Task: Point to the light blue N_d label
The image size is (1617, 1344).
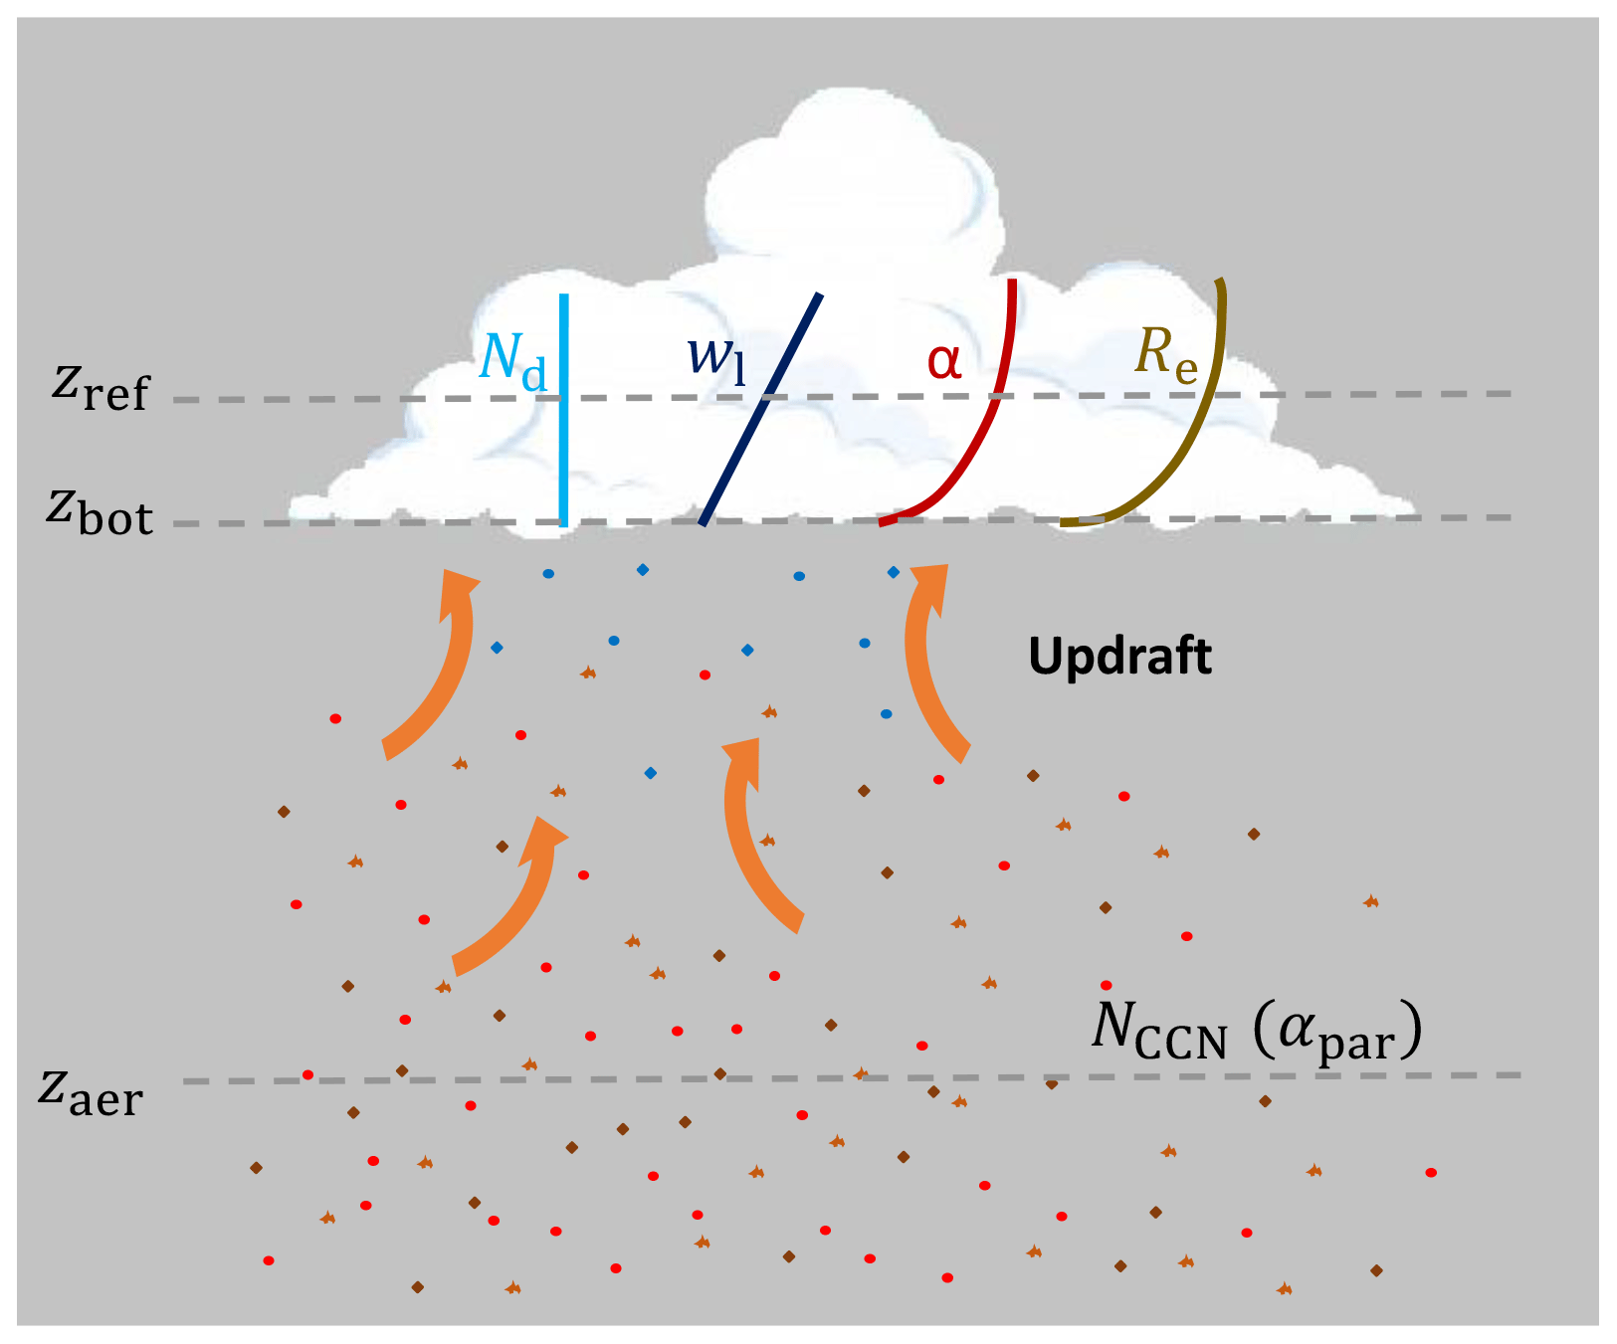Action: point(512,359)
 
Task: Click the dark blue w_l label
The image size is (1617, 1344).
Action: point(715,358)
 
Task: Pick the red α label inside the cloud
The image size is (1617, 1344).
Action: point(944,360)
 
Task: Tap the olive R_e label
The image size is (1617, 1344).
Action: point(1166,354)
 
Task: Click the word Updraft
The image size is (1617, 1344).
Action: point(1119,657)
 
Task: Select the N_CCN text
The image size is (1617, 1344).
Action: point(1159,1029)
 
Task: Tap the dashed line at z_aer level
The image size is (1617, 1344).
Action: point(1294,1076)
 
